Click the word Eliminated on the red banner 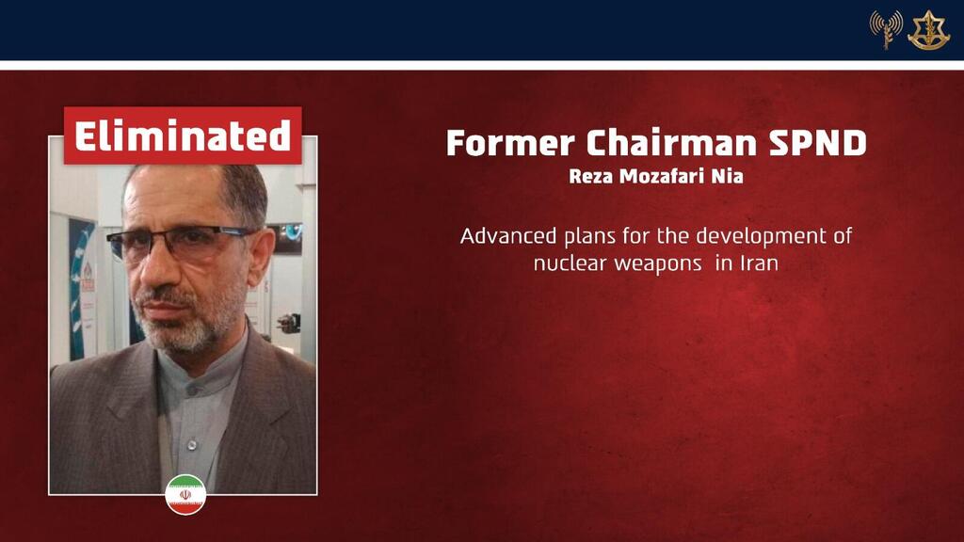pyautogui.click(x=183, y=135)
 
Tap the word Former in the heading pyautogui.click(x=510, y=143)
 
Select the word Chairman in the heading pyautogui.click(x=671, y=143)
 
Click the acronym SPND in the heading pyautogui.click(x=818, y=143)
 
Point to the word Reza pyautogui.click(x=591, y=176)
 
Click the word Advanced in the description pyautogui.click(x=508, y=236)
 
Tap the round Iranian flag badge pyautogui.click(x=185, y=495)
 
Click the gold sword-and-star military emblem pyautogui.click(x=928, y=30)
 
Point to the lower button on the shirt pyautogui.click(x=192, y=444)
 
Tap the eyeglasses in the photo pyautogui.click(x=183, y=242)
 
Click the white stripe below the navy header pyautogui.click(x=482, y=65)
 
